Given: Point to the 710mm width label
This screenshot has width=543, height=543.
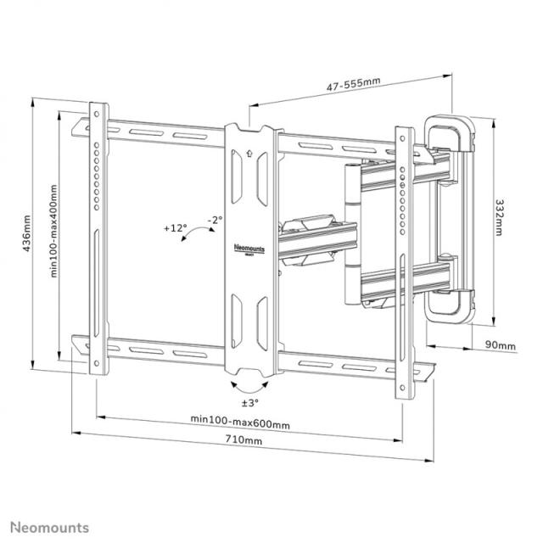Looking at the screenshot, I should click(244, 439).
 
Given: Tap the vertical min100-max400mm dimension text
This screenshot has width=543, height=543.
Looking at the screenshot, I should click(53, 232).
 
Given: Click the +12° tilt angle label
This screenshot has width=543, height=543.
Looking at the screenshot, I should click(175, 228).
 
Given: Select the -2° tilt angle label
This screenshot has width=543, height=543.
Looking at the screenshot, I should click(215, 220).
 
